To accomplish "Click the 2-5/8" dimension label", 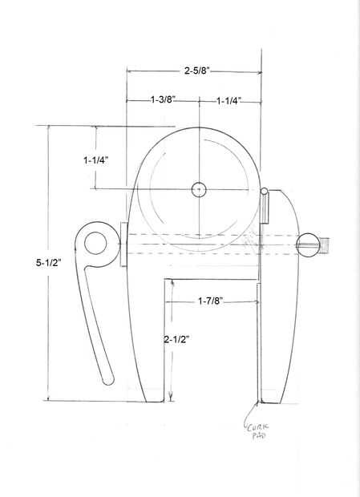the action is click(x=197, y=71).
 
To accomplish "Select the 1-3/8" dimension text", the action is click(x=163, y=100).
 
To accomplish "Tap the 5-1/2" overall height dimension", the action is click(x=48, y=263).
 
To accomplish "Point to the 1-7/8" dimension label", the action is click(x=211, y=301).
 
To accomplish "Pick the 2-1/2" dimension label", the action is click(x=176, y=340).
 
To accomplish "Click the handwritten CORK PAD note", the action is click(x=257, y=431).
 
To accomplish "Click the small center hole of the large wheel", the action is click(x=199, y=190).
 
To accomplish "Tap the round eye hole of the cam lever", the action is click(x=95, y=243).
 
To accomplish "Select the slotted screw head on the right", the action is click(x=308, y=245).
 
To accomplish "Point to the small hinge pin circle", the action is click(x=264, y=191).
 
